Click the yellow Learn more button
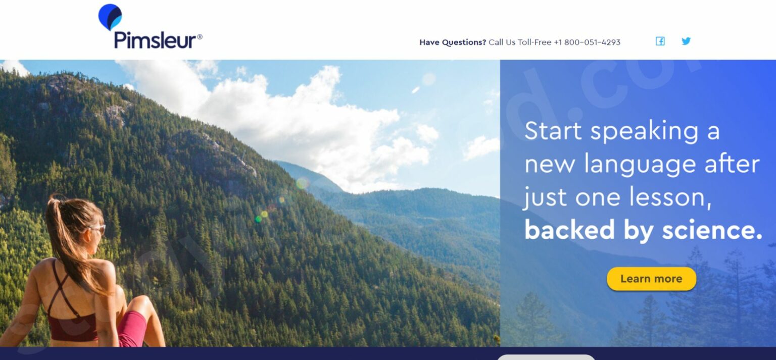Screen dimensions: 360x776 [x=651, y=279]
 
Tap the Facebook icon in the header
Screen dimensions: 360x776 [x=660, y=41]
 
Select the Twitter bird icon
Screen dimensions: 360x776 [x=686, y=41]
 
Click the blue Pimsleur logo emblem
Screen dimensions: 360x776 [x=110, y=16]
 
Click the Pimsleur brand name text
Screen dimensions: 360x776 [x=155, y=40]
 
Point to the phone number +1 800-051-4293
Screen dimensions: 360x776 [x=587, y=42]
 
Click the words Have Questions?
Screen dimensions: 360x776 [x=453, y=42]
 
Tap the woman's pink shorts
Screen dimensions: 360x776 [x=132, y=328]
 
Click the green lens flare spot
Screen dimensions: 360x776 [x=258, y=219]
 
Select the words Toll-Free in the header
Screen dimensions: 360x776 [x=535, y=42]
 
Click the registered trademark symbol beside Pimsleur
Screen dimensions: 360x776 [x=200, y=37]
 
